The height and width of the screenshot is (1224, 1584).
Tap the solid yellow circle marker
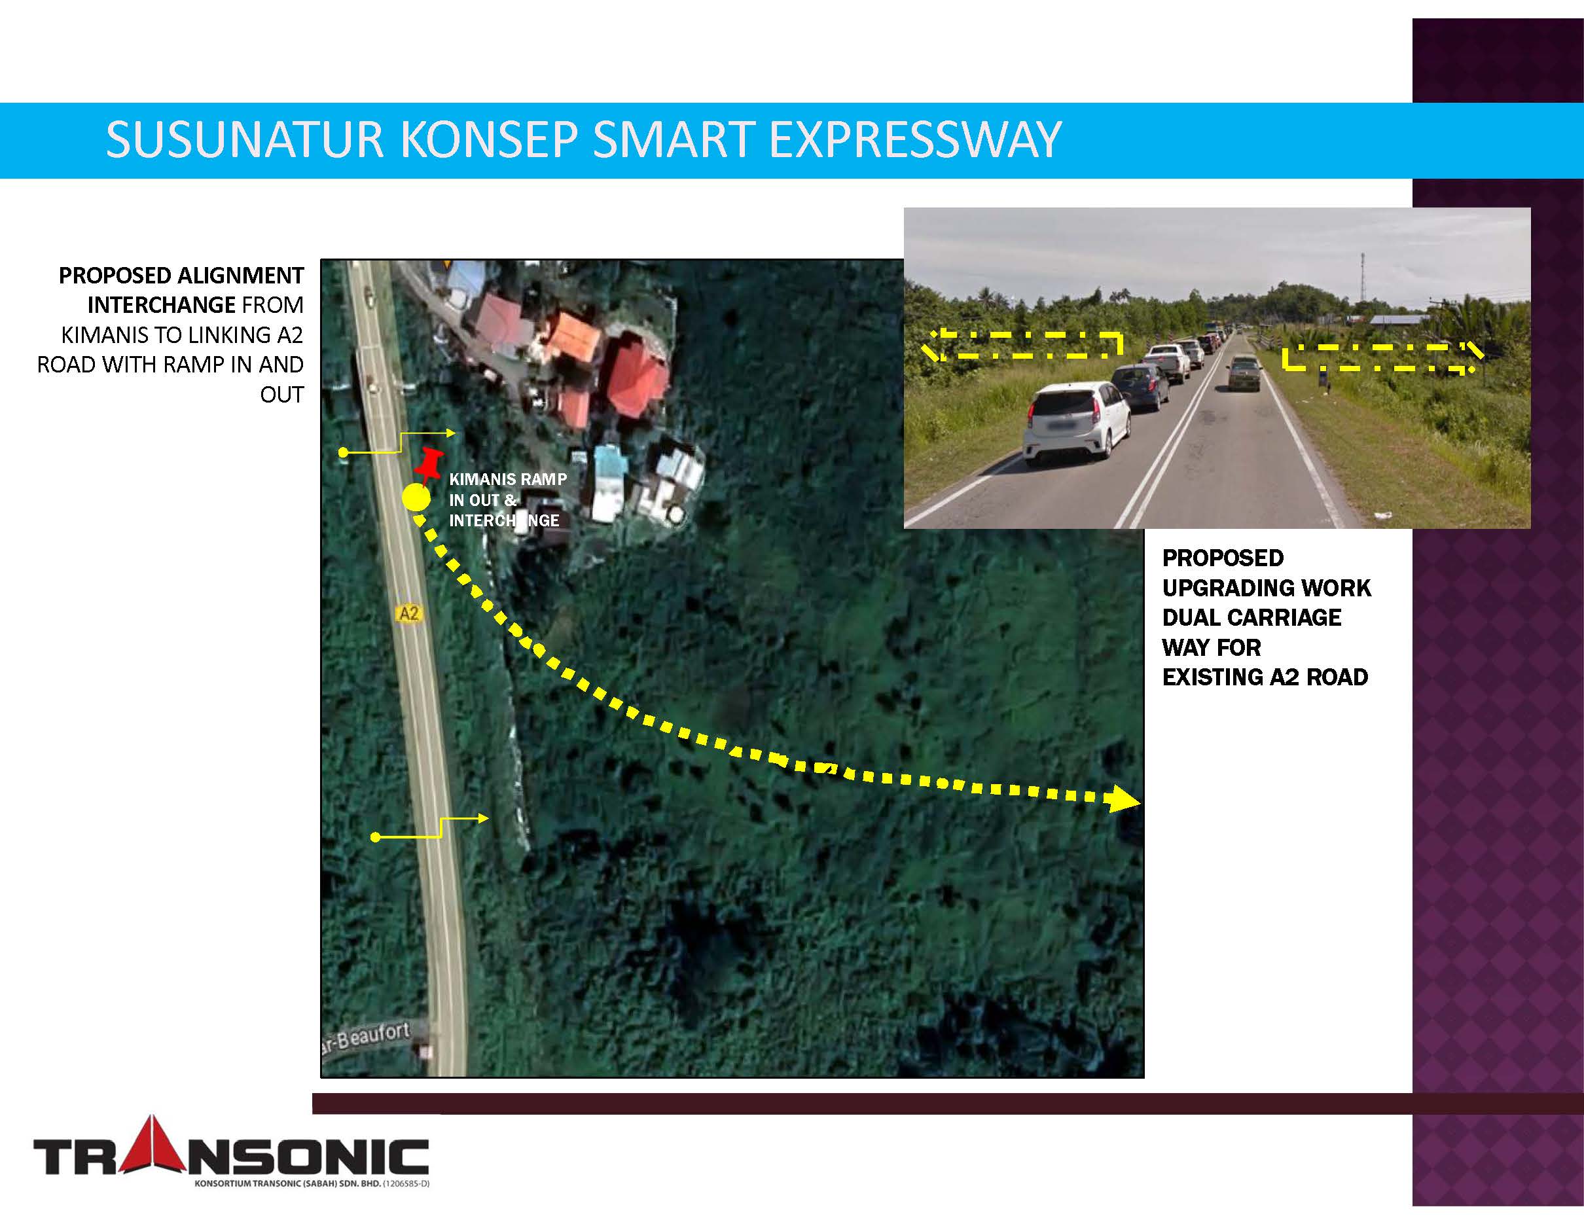[x=416, y=498]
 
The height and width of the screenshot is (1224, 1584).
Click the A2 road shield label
[x=409, y=614]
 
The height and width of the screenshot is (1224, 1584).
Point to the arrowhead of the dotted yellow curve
[x=1123, y=800]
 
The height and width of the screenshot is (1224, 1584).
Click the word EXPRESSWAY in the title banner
[x=915, y=140]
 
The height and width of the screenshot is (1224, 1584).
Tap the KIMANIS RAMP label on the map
[x=508, y=479]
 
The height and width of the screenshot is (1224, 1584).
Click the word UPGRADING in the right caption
[x=1267, y=587]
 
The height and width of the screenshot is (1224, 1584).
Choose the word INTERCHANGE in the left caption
[x=161, y=305]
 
